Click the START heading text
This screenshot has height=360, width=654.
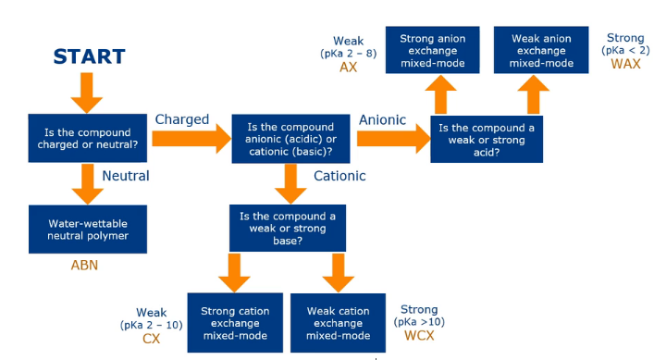pyautogui.click(x=88, y=56)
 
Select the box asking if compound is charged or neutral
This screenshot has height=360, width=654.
pyautogui.click(x=84, y=138)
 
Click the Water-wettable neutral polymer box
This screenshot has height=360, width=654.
pyautogui.click(x=85, y=230)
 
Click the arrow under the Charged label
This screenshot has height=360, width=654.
pyautogui.click(x=190, y=139)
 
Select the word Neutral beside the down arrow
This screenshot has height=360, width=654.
pyautogui.click(x=126, y=175)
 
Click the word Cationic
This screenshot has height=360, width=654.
pyautogui.click(x=339, y=176)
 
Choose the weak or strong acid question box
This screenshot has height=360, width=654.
pyautogui.click(x=487, y=139)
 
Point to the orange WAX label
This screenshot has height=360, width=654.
pyautogui.click(x=625, y=64)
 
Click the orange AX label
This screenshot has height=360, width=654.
pyautogui.click(x=349, y=68)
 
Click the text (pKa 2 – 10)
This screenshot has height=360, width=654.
pyautogui.click(x=151, y=326)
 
